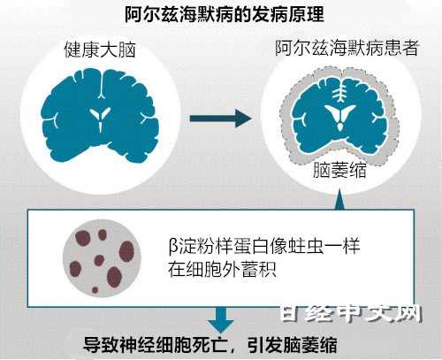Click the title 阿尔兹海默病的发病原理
(225, 14)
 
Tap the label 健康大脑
(100, 50)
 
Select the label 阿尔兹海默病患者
(347, 48)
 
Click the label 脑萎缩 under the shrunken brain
(339, 170)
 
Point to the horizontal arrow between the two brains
(220, 119)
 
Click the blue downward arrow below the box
(221, 320)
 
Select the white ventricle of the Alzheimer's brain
(339, 117)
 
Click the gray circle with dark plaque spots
(102, 258)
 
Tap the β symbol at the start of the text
(172, 246)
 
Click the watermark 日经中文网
(351, 313)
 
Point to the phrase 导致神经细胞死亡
(155, 345)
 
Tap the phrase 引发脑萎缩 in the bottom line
(293, 345)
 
